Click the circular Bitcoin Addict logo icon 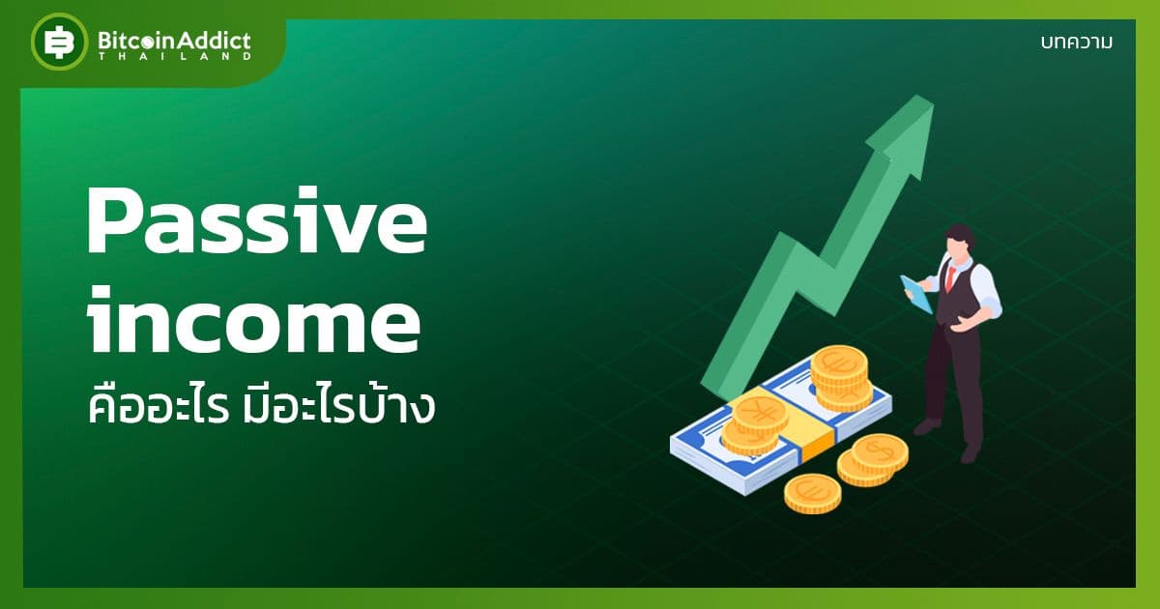click(59, 43)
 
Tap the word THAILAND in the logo click(174, 56)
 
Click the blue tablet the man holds click(916, 294)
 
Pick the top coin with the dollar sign click(879, 449)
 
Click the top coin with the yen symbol click(760, 414)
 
